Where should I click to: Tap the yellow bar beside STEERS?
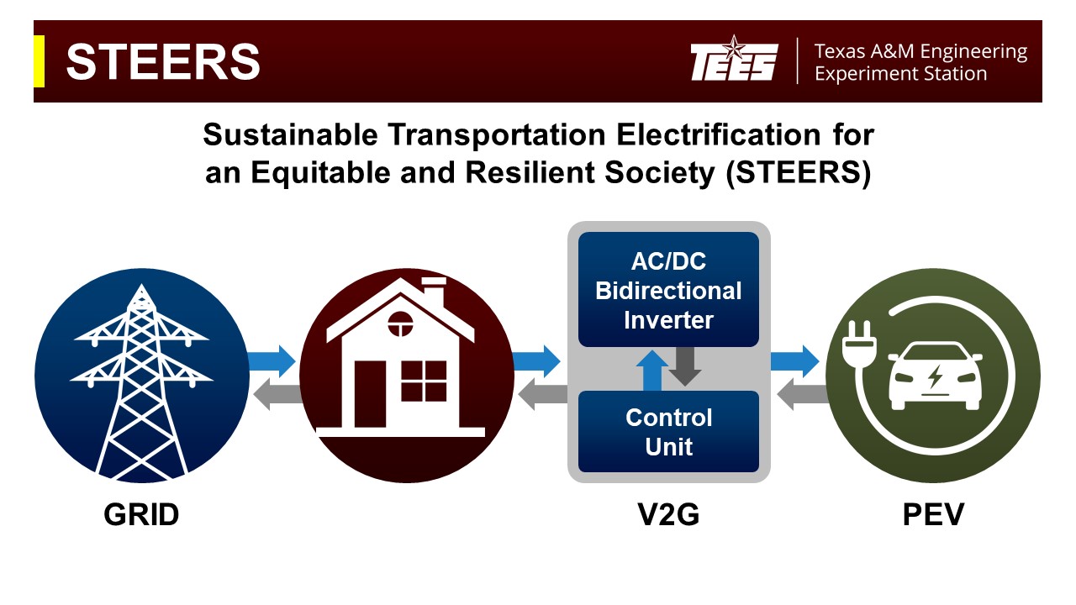click(x=39, y=61)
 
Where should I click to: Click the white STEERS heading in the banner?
click(x=163, y=61)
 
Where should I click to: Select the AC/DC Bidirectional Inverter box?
click(x=668, y=289)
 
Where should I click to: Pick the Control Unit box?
click(x=668, y=431)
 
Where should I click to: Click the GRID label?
click(x=141, y=514)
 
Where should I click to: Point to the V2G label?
click(x=668, y=514)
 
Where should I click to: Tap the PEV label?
click(x=933, y=514)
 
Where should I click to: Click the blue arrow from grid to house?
click(x=272, y=361)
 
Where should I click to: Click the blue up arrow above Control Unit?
click(x=651, y=371)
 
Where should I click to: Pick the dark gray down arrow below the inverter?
click(x=684, y=366)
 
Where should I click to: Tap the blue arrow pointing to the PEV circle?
click(x=795, y=361)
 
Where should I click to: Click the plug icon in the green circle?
click(x=859, y=344)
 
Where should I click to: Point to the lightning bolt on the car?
click(x=934, y=376)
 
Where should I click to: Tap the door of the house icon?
click(x=370, y=394)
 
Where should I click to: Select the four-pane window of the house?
click(x=424, y=381)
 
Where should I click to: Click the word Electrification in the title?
click(x=718, y=134)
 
